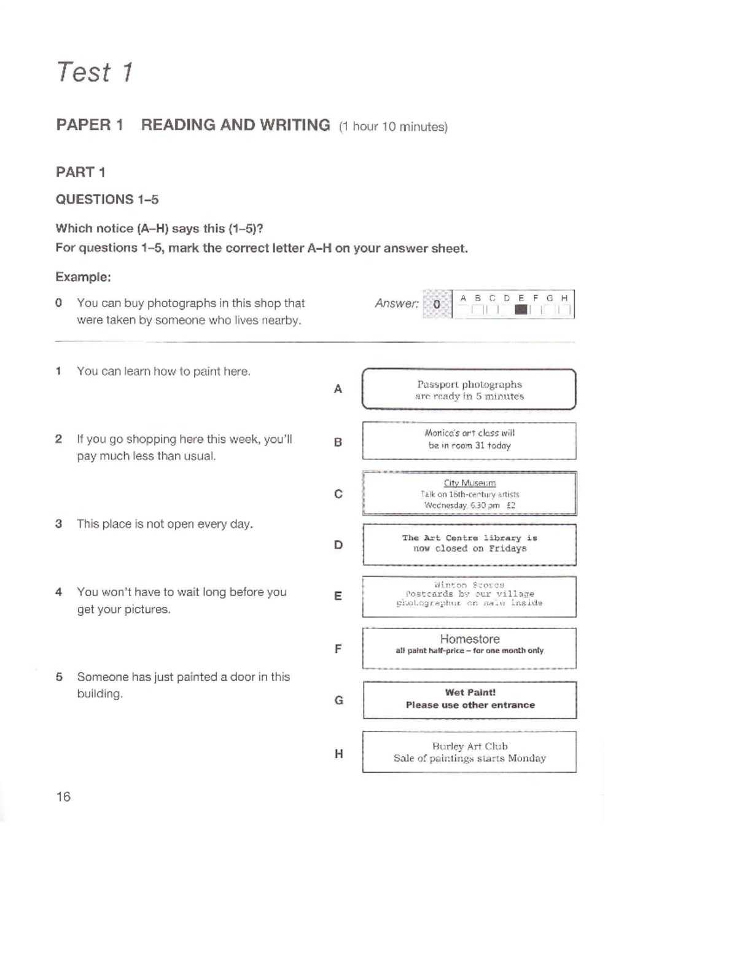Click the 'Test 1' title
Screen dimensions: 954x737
pyautogui.click(x=95, y=72)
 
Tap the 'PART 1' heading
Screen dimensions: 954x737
pyautogui.click(x=80, y=172)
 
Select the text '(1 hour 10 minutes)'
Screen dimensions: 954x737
pyautogui.click(x=393, y=127)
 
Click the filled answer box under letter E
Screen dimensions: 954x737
pyautogui.click(x=521, y=310)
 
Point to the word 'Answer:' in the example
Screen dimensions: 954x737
pyautogui.click(x=397, y=303)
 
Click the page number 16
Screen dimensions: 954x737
pyautogui.click(x=63, y=797)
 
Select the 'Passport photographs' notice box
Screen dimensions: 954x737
pyautogui.click(x=469, y=389)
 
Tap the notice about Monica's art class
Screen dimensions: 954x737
pyautogui.click(x=469, y=440)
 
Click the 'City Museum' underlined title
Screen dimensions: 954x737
pyautogui.click(x=470, y=483)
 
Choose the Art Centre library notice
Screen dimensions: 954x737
pyautogui.click(x=469, y=544)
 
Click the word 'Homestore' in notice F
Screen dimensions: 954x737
pyautogui.click(x=470, y=639)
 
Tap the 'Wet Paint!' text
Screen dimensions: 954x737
pyautogui.click(x=470, y=692)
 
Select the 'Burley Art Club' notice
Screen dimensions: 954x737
pyautogui.click(x=469, y=752)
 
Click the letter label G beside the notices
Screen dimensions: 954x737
pyautogui.click(x=338, y=700)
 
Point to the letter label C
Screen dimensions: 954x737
pyautogui.click(x=338, y=494)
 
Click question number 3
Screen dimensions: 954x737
pyautogui.click(x=58, y=524)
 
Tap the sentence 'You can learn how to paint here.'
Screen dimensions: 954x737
pyautogui.click(x=163, y=372)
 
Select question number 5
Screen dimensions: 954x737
pyautogui.click(x=59, y=677)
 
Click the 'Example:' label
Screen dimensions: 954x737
pyautogui.click(x=83, y=277)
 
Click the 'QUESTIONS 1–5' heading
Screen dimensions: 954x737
pyautogui.click(x=107, y=200)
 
